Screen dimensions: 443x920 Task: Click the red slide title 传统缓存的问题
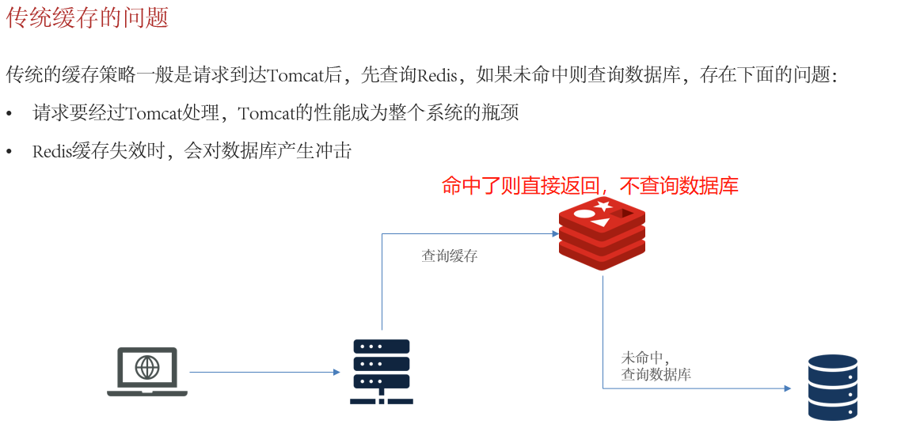click(87, 18)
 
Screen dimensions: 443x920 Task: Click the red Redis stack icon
click(602, 234)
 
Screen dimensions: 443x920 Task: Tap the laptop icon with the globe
click(147, 370)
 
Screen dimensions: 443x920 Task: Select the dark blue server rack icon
click(381, 371)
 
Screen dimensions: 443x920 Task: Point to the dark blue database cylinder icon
click(832, 387)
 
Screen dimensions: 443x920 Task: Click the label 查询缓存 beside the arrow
click(449, 256)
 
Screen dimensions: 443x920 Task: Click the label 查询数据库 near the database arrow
click(656, 375)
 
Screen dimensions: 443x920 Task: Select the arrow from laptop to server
click(264, 372)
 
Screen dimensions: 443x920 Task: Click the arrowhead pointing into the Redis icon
click(555, 233)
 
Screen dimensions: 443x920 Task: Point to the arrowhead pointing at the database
click(787, 388)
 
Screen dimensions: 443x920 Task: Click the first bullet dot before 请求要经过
click(10, 114)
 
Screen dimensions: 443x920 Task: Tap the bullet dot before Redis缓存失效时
click(10, 152)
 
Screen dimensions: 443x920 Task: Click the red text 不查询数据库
click(679, 187)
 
